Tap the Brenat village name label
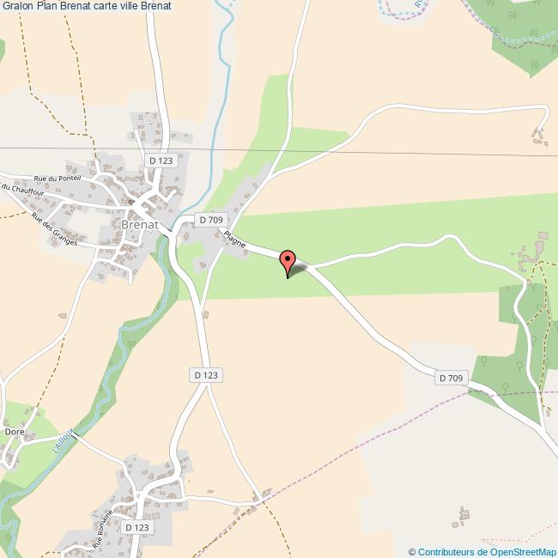[139, 225]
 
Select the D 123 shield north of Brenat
[161, 161]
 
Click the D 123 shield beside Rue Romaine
[136, 527]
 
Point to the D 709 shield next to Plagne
[211, 220]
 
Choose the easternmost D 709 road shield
[451, 378]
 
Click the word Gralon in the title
[20, 6]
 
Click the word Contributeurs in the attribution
[446, 551]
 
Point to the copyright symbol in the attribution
[412, 551]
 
